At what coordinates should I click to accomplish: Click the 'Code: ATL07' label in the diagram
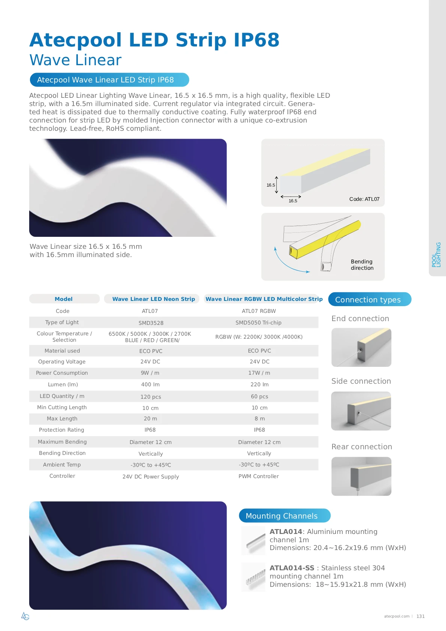pos(364,199)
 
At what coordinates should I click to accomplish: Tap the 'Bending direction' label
pos(362,265)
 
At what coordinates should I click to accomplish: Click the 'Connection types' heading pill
pos(369,299)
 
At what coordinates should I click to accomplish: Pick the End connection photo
pos(361,347)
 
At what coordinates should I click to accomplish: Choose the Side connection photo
pos(361,411)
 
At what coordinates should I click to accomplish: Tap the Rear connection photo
pos(361,476)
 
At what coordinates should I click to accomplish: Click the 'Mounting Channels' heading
pos(284,516)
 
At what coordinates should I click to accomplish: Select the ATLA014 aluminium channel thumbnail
pos(254,540)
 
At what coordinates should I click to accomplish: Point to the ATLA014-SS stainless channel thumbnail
pos(254,577)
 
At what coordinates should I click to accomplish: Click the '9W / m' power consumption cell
pos(150,373)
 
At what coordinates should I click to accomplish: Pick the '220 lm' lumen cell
pos(259,384)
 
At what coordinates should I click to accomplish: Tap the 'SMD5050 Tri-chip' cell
pos(258,323)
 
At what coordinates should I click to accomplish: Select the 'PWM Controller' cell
pos(258,476)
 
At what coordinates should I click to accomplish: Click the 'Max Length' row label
pos(62,419)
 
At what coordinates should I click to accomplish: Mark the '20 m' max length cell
pos(150,419)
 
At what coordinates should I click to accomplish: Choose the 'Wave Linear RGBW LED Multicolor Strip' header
pos(264,299)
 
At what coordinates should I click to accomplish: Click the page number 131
pos(421,616)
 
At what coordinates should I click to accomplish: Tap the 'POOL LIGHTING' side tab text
pos(436,255)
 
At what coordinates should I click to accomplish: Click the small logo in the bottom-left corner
pos(25,616)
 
